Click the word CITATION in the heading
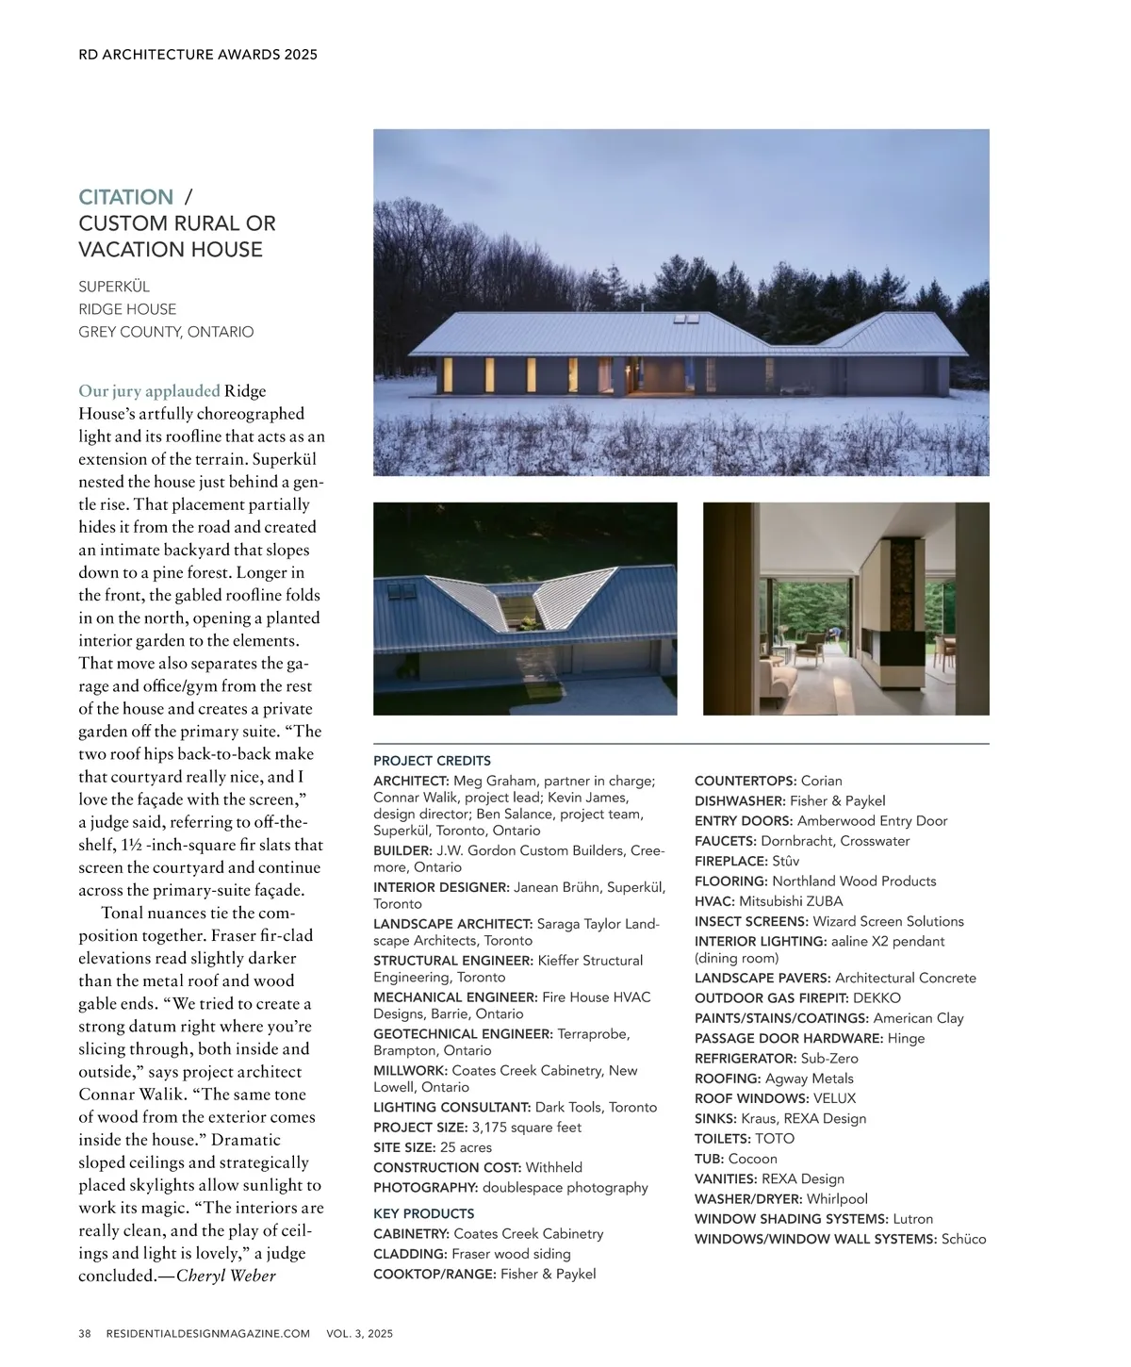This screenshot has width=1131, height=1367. (125, 197)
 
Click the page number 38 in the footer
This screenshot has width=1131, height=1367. (85, 1334)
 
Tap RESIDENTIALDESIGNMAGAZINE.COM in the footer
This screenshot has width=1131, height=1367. (208, 1334)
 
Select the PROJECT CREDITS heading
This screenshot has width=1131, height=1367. (432, 761)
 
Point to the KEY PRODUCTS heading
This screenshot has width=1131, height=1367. (423, 1213)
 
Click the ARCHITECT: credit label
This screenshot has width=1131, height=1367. (411, 781)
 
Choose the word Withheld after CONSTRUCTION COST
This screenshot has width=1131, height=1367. (553, 1167)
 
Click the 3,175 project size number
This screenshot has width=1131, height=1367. (489, 1128)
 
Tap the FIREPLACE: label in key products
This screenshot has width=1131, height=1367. (730, 861)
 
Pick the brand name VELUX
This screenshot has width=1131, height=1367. (834, 1098)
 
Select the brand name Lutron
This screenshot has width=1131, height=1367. (912, 1219)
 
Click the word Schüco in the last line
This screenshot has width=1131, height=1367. (963, 1239)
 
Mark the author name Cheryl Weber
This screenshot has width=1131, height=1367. (226, 1276)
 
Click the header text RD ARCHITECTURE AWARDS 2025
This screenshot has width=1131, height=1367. (198, 55)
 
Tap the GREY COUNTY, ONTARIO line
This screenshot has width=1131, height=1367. (166, 332)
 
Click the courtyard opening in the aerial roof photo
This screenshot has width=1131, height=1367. (521, 612)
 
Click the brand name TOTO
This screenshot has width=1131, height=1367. (774, 1139)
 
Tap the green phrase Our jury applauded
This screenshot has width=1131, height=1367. (149, 391)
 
